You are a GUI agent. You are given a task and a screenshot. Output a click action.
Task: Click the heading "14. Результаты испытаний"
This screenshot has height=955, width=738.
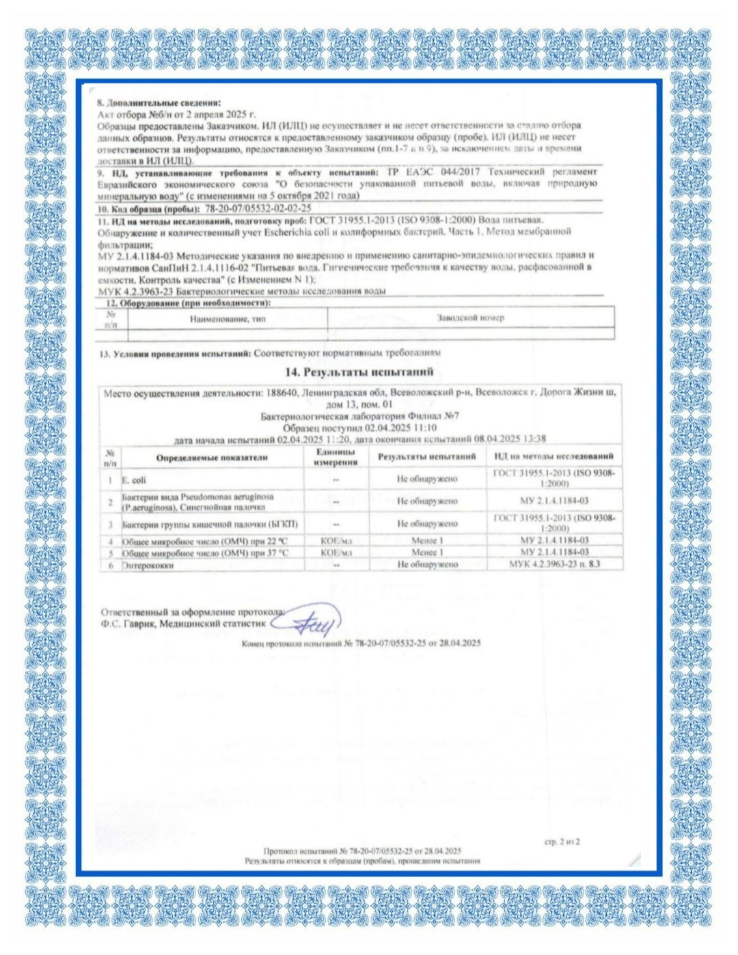click(359, 372)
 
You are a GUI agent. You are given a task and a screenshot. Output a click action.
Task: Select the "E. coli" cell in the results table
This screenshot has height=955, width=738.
click(134, 480)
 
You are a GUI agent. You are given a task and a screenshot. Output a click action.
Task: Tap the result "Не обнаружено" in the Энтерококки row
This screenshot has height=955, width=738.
click(427, 565)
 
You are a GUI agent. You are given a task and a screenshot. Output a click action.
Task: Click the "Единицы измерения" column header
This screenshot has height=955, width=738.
click(336, 457)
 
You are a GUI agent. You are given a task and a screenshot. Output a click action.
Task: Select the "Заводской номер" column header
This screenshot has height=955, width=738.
click(470, 318)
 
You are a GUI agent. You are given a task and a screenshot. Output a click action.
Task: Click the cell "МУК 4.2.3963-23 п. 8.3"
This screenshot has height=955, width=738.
click(554, 564)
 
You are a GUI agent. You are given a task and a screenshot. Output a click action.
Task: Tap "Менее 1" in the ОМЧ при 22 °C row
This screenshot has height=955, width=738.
click(427, 540)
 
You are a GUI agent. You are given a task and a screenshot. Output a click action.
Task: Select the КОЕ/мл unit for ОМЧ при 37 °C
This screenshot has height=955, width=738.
click(336, 552)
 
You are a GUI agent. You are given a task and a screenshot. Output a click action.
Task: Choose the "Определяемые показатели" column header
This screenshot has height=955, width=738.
click(212, 457)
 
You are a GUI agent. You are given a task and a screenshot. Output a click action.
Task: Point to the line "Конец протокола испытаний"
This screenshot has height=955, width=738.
click(361, 643)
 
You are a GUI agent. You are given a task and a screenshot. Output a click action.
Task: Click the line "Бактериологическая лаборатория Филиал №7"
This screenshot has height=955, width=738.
click(359, 416)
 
